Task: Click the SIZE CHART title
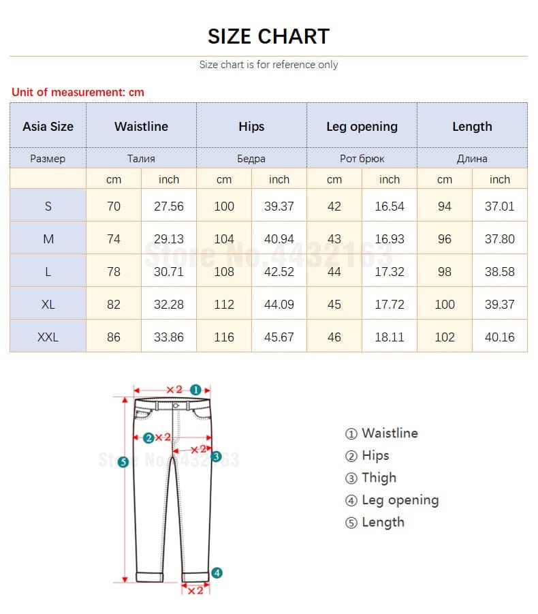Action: pos(268,36)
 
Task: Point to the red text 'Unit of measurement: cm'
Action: pos(78,92)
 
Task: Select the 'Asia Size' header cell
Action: pos(48,126)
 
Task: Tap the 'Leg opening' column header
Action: pos(362,126)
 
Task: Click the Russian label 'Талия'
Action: pos(141,158)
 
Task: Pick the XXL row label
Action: pos(48,337)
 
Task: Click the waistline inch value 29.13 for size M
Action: pos(168,239)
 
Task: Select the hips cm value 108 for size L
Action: pos(224,271)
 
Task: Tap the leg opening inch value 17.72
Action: pos(389,304)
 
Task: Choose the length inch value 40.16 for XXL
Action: pos(499,337)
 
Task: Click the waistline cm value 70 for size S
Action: pos(114,206)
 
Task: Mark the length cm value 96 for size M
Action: pos(444,239)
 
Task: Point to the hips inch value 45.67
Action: pos(279,337)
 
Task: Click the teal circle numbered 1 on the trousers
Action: pos(195,390)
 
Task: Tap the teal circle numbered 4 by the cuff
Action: pos(217,572)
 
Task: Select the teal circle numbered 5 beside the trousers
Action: pos(123,462)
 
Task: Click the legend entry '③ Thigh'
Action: pos(370,478)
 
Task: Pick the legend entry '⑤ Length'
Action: pos(375,522)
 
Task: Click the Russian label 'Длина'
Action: pos(472,158)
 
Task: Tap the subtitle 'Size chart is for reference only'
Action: pos(268,65)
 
